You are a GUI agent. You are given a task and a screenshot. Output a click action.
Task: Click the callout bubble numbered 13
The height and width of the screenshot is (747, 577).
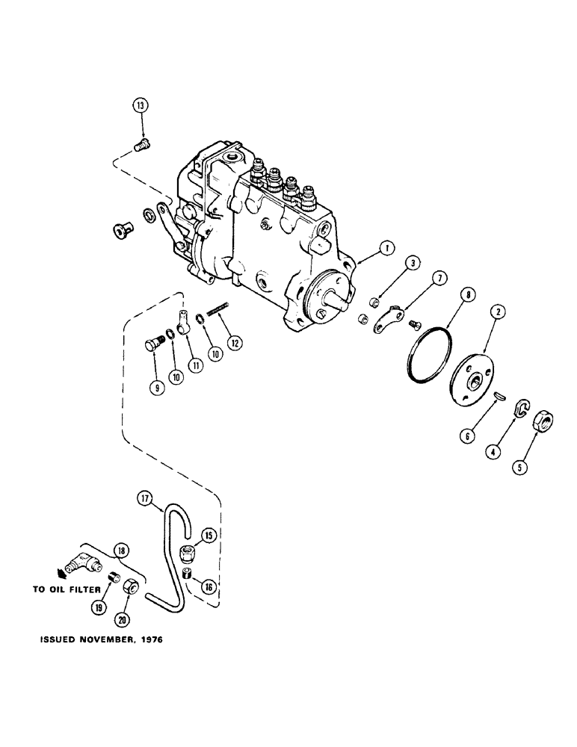pos(140,106)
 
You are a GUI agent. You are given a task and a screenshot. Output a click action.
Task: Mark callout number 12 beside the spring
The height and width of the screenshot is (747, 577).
pos(235,344)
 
